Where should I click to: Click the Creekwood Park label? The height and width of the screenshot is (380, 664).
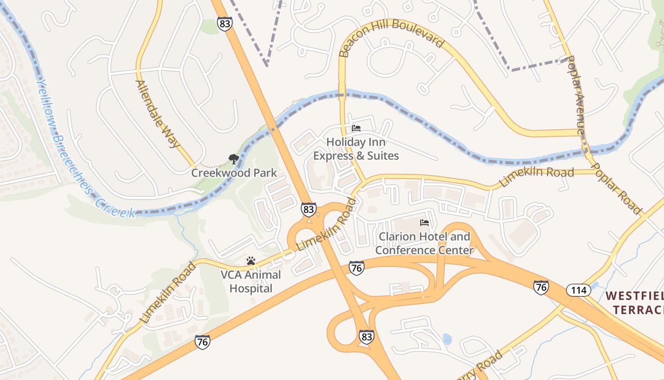tap(234, 172)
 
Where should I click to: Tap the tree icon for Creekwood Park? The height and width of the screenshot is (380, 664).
tap(233, 159)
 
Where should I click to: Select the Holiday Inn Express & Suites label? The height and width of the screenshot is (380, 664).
tap(356, 149)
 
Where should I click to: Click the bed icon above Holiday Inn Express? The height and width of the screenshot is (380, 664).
tap(356, 128)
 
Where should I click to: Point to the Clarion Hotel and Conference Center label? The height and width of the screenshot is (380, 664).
tap(424, 243)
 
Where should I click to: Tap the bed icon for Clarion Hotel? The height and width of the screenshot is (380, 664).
tap(424, 222)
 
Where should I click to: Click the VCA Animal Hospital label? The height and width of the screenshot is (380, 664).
tap(250, 281)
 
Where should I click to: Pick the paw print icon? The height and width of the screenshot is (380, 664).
tap(251, 261)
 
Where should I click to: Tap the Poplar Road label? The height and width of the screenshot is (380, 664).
tap(617, 188)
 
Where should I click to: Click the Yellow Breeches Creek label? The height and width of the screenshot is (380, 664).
tap(83, 147)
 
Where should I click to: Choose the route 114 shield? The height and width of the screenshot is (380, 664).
tap(579, 290)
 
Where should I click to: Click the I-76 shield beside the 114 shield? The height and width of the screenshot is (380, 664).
tap(541, 287)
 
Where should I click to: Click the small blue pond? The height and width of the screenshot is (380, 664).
tap(447, 339)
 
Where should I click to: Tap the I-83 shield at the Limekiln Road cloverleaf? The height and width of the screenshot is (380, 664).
tap(308, 209)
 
